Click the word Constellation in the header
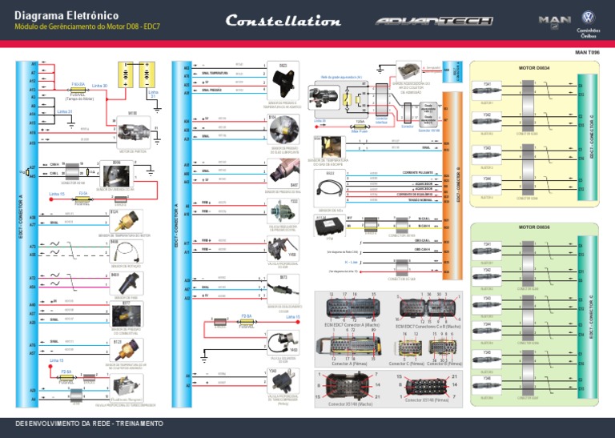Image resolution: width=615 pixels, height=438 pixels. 283,21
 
